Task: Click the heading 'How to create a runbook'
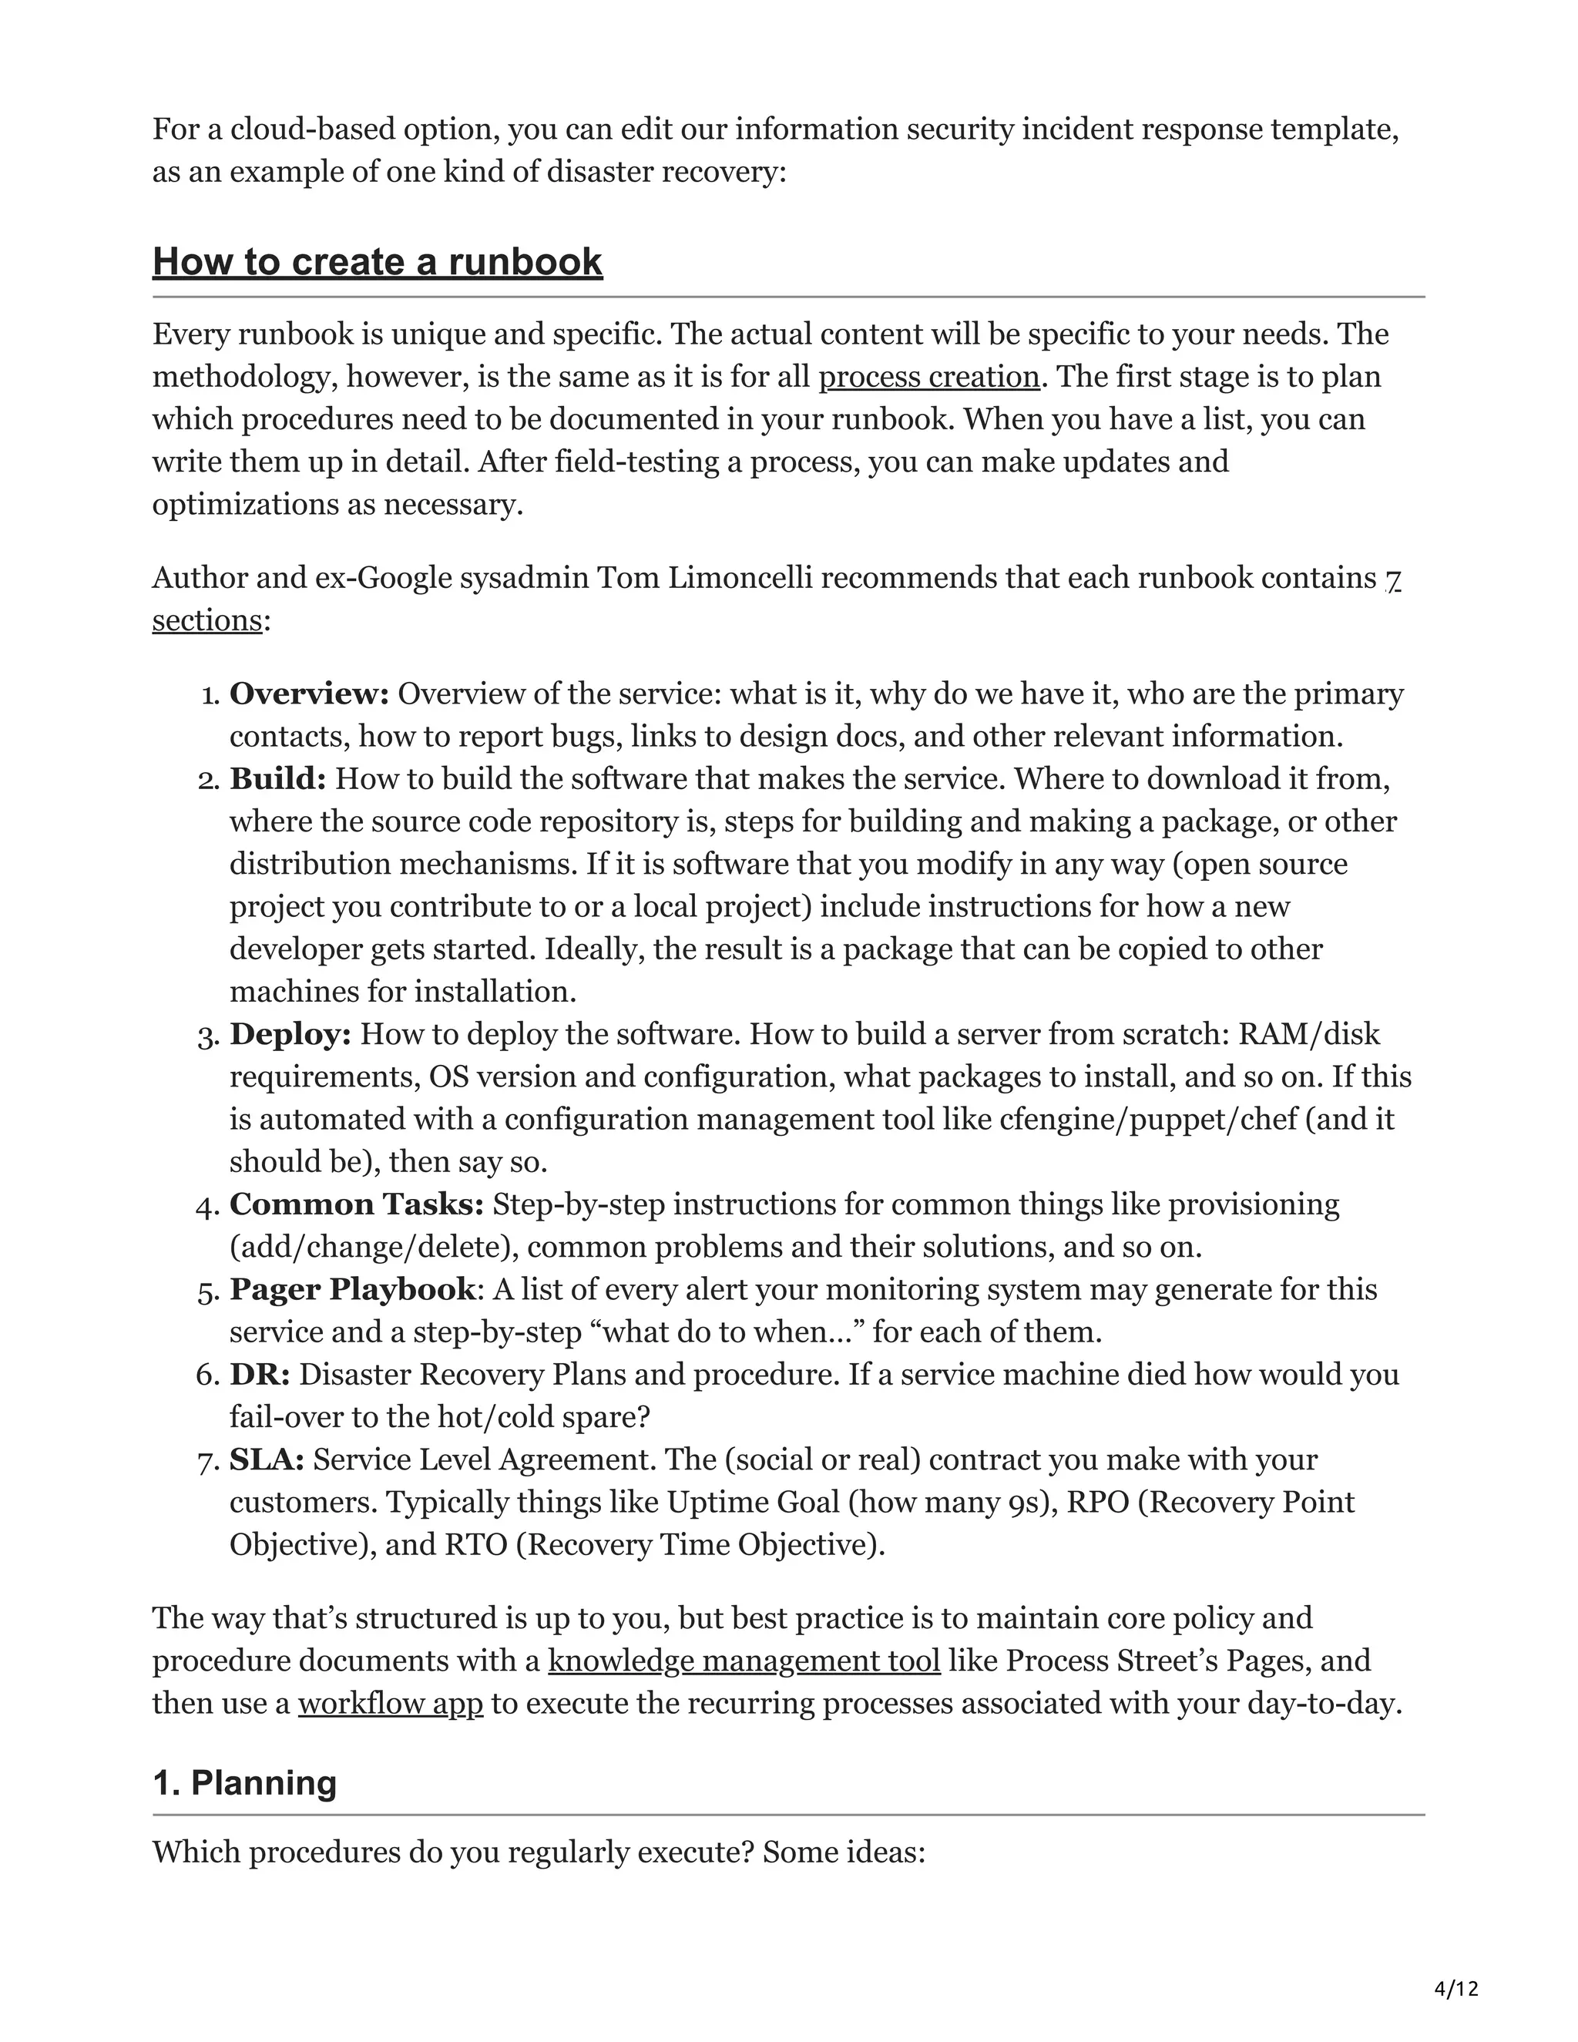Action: click(x=377, y=262)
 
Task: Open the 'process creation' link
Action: click(x=928, y=377)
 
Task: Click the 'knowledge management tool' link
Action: click(x=744, y=1661)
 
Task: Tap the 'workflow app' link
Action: click(x=390, y=1703)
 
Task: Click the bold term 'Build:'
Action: click(x=277, y=779)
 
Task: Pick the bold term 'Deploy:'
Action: click(x=290, y=1034)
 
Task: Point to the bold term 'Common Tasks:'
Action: click(x=356, y=1204)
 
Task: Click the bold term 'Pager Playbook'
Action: click(x=352, y=1289)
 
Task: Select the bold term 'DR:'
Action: click(x=260, y=1375)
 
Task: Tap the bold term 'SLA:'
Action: click(x=267, y=1459)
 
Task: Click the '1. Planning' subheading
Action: click(x=244, y=1783)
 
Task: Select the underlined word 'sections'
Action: click(x=206, y=620)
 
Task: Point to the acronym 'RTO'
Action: click(x=475, y=1544)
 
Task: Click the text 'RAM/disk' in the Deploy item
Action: click(x=1309, y=1034)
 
